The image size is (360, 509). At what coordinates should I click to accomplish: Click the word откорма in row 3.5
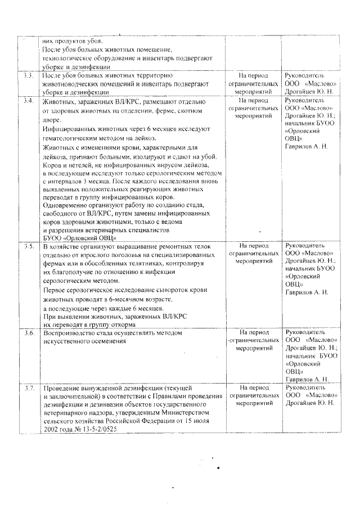119,325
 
